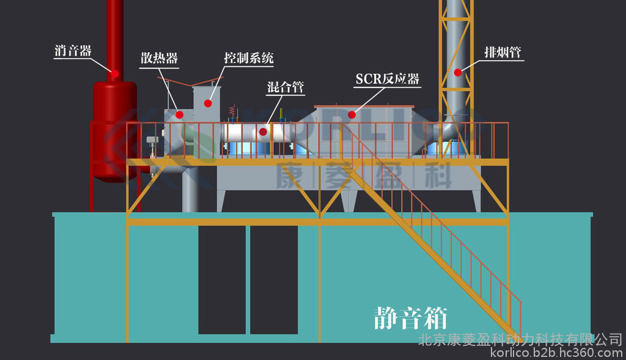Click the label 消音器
click(73, 51)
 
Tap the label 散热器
click(160, 58)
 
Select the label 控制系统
click(249, 58)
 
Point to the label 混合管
click(285, 87)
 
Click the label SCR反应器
click(388, 79)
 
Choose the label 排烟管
click(503, 52)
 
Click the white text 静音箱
click(411, 318)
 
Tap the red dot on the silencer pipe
click(115, 73)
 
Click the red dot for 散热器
click(180, 115)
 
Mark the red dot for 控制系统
click(208, 103)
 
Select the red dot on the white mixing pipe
click(263, 131)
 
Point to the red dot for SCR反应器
click(352, 115)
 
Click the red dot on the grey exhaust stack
click(458, 72)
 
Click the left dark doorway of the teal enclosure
click(222, 279)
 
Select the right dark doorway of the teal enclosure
click(274, 279)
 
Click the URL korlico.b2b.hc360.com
click(556, 353)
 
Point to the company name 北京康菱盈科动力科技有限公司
click(520, 340)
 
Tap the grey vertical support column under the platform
click(190, 188)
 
